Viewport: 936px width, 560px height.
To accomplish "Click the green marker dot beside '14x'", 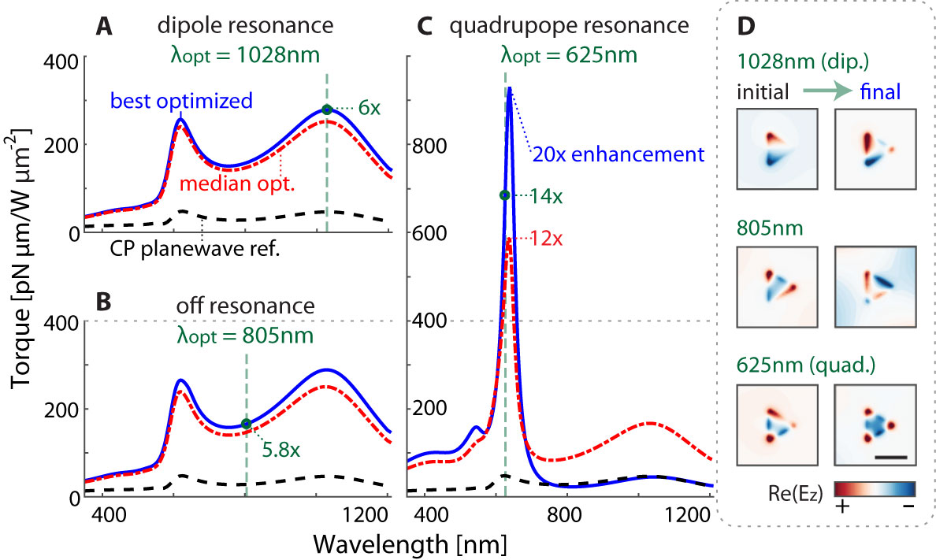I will [505, 195].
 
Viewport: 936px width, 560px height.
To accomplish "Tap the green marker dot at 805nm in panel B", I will [246, 424].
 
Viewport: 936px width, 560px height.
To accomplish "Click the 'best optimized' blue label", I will [181, 101].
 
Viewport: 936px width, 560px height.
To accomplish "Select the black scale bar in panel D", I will [890, 456].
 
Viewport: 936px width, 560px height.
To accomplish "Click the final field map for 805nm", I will [875, 287].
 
